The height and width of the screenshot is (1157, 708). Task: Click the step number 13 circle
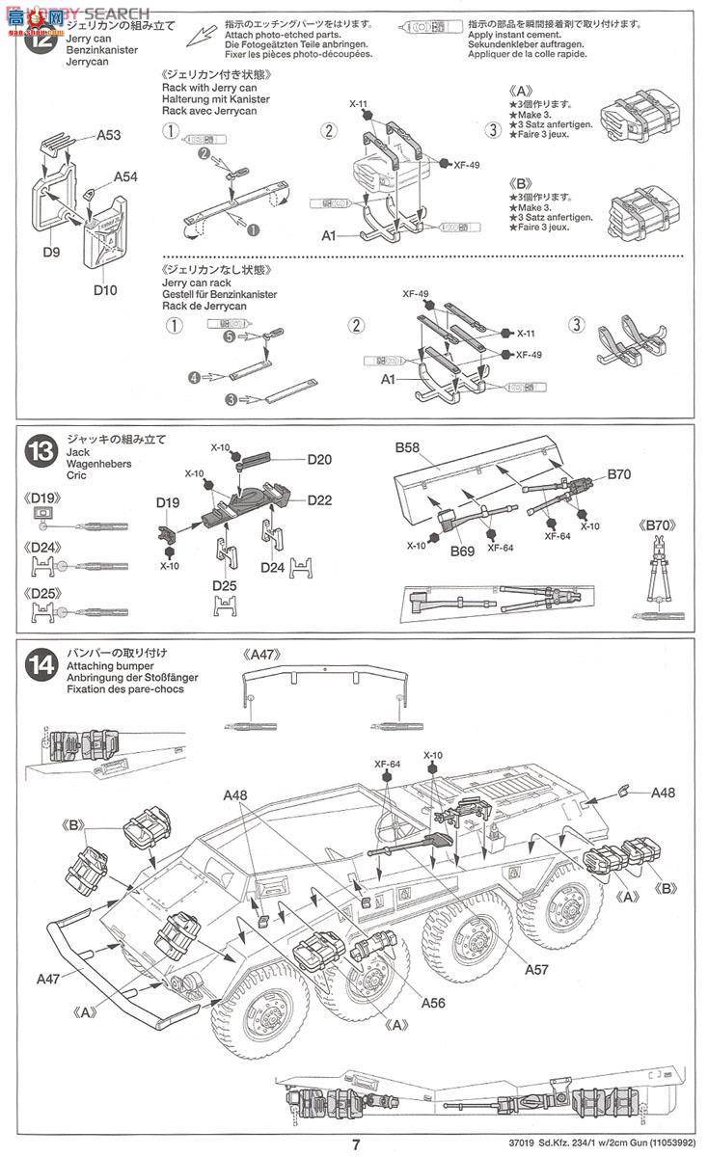pos(41,450)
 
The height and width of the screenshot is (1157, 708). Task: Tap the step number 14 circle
pos(41,663)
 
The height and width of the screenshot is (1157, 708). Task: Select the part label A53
pos(108,136)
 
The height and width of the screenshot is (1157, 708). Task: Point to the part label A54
pos(125,176)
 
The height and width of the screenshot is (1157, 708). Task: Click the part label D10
pos(105,288)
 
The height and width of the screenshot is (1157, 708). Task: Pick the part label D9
pos(51,253)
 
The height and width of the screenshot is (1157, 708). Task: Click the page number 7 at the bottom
pos(356,1144)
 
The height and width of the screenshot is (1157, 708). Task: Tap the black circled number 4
pos(194,378)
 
